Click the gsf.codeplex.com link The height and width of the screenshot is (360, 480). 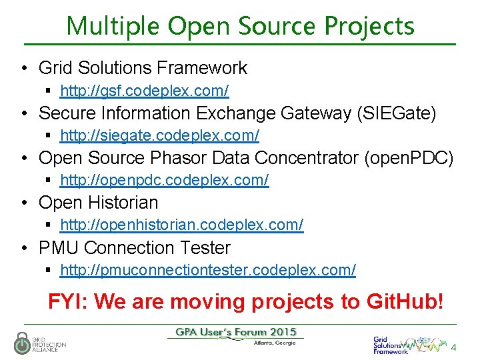pos(144,90)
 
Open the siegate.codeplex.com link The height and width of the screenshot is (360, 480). pos(159,135)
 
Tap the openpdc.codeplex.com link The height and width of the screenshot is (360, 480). pos(164,180)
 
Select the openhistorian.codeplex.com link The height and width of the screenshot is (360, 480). pos(181,225)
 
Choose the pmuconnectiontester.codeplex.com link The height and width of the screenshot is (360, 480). pos(207,270)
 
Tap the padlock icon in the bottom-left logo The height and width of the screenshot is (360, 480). pos(22,343)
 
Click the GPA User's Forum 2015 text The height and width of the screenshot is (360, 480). pos(236,332)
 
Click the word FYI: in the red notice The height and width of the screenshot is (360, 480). pos(68,301)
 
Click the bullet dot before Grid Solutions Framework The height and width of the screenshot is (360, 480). pos(24,68)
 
